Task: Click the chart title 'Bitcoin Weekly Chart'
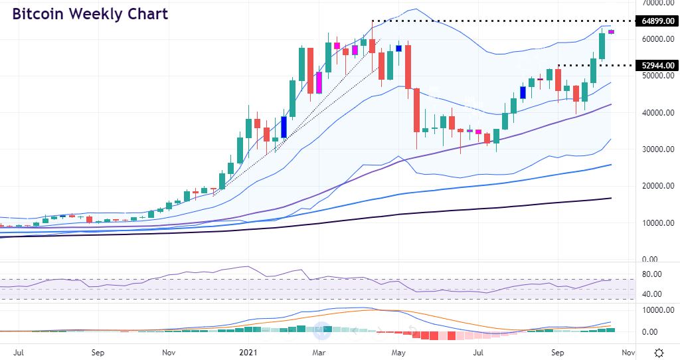pos(90,14)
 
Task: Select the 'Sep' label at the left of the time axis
pos(97,352)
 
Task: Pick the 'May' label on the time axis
pos(398,352)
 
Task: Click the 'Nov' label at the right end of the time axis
pos(628,352)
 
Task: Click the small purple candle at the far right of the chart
pos(611,32)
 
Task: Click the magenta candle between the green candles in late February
pos(319,82)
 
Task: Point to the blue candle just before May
pos(399,48)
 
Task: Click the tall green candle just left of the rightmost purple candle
pos(602,46)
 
